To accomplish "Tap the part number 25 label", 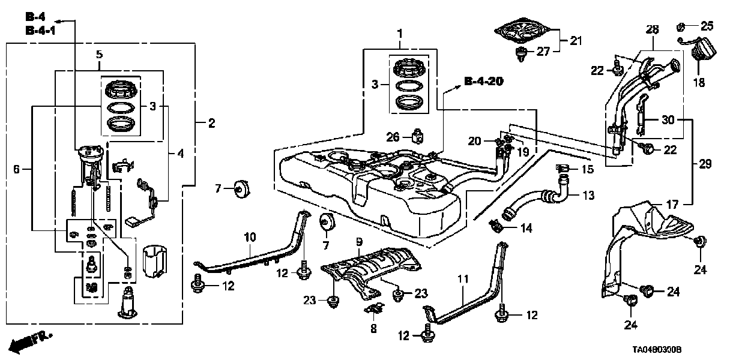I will click(707, 26).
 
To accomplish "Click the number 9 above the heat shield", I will click(359, 241).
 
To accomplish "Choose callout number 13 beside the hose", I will click(588, 195).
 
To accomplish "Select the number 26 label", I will click(393, 137).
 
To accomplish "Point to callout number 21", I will click(576, 41).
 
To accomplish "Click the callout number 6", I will click(16, 170).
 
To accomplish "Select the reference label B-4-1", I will click(41, 30).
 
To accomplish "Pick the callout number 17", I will click(672, 204).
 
